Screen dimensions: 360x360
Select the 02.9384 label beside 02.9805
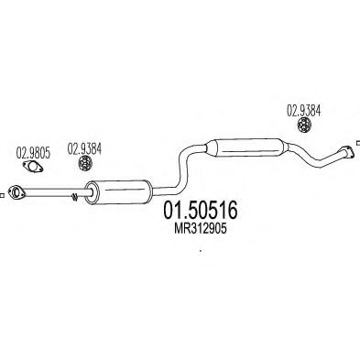[83, 153]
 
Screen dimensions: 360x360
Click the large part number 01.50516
[200, 211]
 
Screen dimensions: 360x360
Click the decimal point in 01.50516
[183, 217]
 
